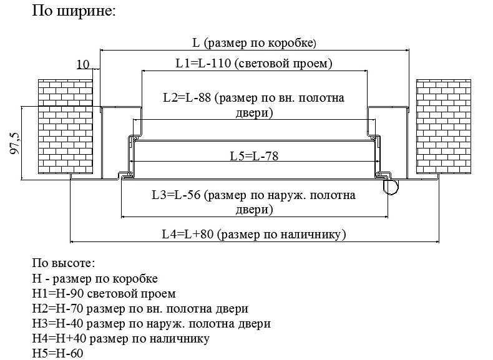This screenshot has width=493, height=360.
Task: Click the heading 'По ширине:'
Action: pos(74,11)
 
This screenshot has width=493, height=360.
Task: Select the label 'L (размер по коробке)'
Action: pos(254,43)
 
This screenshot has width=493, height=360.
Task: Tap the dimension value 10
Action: pos(83,64)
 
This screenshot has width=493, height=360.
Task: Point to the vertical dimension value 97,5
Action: pos(15,143)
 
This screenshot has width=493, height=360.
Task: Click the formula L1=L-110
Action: pos(203,63)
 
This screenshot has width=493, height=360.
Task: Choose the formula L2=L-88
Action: pos(187,97)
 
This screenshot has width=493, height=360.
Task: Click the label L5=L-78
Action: pos(254,156)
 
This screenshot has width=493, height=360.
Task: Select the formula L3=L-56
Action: pos(176,195)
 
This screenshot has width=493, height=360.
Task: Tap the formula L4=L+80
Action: pos(188,234)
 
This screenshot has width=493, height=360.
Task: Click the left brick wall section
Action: pos(66,127)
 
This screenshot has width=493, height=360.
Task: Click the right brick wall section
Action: pos(444,127)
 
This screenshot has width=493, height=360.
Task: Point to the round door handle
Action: pos(391,187)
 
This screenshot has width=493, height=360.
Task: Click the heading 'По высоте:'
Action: pos(64,263)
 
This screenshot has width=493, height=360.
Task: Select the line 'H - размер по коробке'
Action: pos(95,278)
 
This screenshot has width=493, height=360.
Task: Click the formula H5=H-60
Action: pos(57,353)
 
